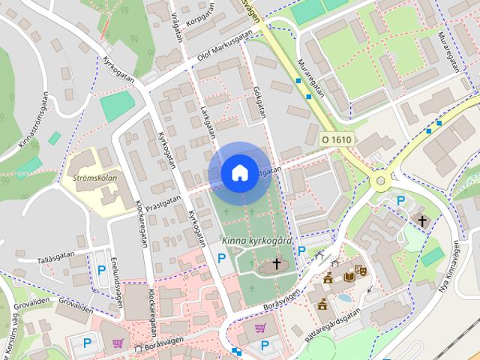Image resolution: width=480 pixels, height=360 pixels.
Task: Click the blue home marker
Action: click(x=238, y=172)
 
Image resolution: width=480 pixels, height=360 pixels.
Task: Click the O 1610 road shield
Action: click(x=335, y=140)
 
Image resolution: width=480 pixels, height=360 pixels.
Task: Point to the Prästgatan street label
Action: click(x=163, y=202)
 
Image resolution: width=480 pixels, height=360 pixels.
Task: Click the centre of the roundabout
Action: click(x=380, y=181)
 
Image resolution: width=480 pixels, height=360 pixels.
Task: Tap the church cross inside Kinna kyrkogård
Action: click(x=276, y=263)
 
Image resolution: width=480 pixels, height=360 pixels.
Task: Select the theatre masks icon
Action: click(x=360, y=267)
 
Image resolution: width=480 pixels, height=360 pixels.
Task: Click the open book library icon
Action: click(x=349, y=277)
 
